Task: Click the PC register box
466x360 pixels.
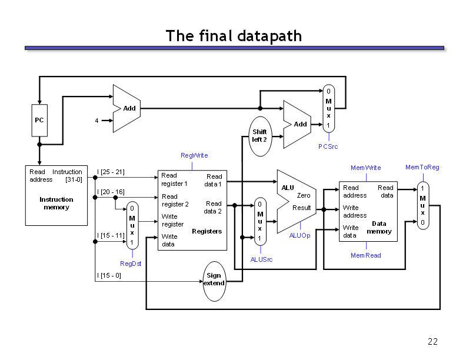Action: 39,120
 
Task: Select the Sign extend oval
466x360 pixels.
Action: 214,279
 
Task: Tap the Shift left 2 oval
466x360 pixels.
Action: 259,136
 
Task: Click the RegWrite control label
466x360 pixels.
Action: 194,155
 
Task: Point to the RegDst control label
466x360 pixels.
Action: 131,264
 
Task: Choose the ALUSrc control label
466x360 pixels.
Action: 261,259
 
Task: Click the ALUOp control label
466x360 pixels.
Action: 299,235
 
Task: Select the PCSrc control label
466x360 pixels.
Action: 328,146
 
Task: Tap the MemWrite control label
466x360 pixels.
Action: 365,168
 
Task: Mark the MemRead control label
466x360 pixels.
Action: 365,255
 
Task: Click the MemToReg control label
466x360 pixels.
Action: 422,167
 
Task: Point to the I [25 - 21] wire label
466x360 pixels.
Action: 111,172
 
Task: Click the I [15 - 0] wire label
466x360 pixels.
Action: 109,275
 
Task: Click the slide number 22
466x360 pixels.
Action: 432,342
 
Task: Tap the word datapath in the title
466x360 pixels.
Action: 269,36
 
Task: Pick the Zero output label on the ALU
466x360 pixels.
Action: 304,195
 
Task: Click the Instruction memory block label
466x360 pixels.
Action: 56,204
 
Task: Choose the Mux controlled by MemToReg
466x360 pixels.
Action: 422,206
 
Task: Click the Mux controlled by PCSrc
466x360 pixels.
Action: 328,108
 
